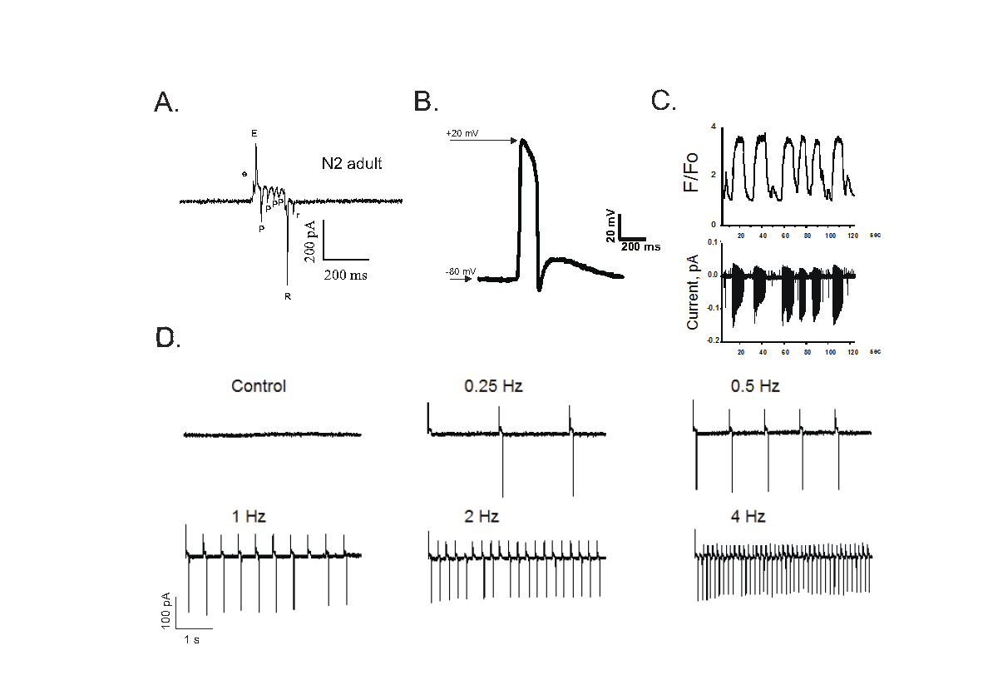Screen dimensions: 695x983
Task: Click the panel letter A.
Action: [x=166, y=102]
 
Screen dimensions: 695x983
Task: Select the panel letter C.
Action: [x=663, y=101]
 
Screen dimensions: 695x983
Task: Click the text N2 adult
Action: [x=352, y=164]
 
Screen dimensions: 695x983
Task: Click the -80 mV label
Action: [x=460, y=272]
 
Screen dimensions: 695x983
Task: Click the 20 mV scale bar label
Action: [x=611, y=226]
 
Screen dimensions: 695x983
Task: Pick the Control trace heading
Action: [x=259, y=386]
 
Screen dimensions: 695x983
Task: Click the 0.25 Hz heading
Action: [x=492, y=386]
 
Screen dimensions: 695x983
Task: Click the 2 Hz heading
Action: [x=482, y=517]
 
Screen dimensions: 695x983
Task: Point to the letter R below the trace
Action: [x=287, y=296]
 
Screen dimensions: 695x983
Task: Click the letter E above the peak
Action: [x=254, y=134]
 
